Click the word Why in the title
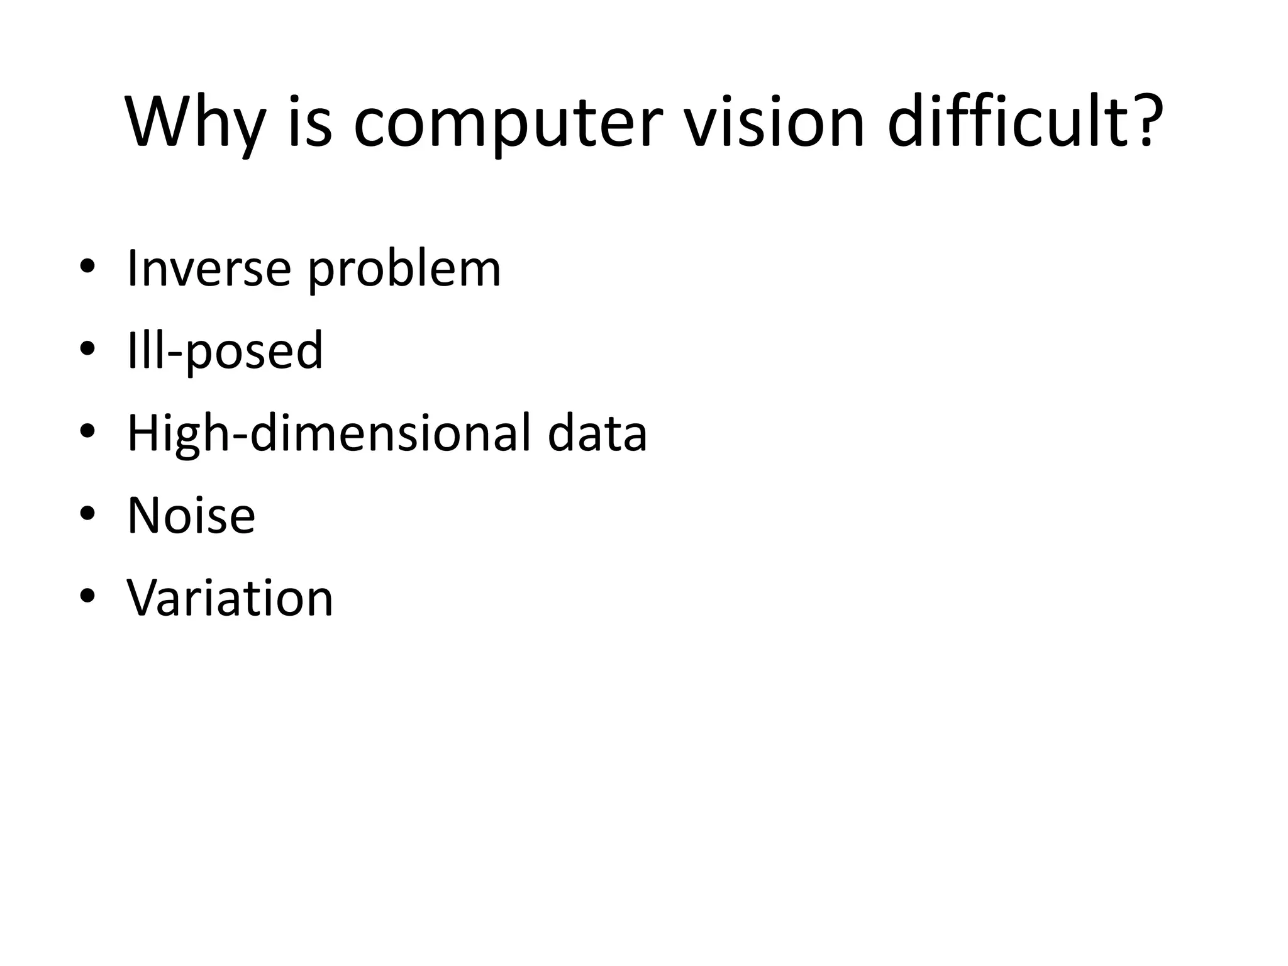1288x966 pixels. tap(196, 122)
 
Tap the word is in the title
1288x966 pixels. tap(310, 122)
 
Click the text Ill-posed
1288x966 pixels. tap(225, 350)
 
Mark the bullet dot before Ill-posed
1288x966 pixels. tap(87, 348)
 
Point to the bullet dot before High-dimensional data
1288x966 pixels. tap(87, 431)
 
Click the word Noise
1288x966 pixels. tap(191, 515)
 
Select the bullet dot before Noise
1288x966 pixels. tap(87, 513)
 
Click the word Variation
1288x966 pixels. tap(230, 597)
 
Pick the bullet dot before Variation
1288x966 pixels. tap(87, 596)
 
